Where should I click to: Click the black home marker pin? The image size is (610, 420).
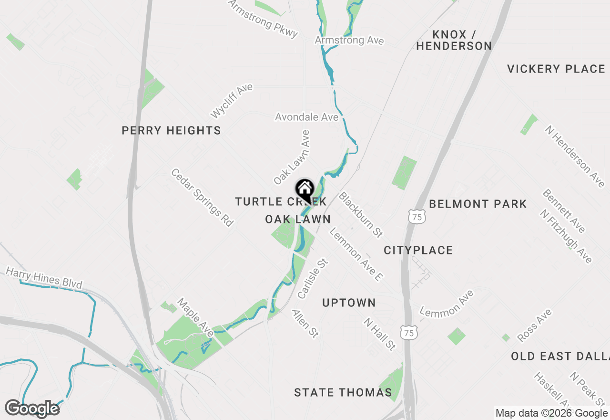[305, 190]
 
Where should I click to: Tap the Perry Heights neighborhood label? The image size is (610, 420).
[171, 130]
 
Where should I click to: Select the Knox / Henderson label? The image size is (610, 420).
[454, 40]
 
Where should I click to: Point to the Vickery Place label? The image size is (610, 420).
[556, 69]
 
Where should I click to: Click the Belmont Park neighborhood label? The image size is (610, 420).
[478, 204]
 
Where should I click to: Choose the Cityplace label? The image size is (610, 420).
[418, 250]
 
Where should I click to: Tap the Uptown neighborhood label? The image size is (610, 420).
[349, 303]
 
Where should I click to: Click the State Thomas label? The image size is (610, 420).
[343, 392]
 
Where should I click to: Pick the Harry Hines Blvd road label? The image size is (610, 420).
[44, 278]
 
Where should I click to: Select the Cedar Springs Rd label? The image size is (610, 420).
[203, 197]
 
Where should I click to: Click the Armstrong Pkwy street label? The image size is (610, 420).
[263, 18]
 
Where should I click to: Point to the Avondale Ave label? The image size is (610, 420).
[306, 117]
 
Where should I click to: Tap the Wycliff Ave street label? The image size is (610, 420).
[232, 101]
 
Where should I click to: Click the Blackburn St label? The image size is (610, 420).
[361, 215]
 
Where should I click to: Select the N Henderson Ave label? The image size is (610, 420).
[575, 156]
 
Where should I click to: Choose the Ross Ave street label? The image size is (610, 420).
[534, 325]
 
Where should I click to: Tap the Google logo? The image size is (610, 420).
[32, 409]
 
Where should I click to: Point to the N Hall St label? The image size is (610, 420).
[379, 334]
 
